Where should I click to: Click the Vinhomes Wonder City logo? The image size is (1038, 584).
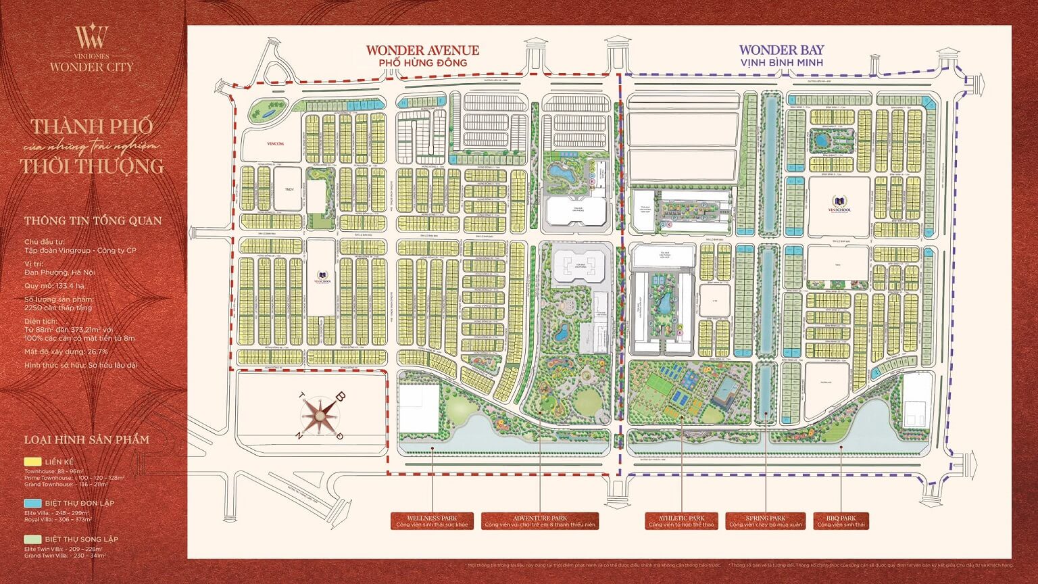[91, 47]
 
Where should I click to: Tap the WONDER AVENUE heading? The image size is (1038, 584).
[422, 50]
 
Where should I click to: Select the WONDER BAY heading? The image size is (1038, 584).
[781, 49]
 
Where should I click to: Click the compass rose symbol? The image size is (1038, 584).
[320, 415]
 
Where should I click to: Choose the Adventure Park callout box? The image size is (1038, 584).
[539, 521]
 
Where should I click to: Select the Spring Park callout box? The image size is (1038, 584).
[766, 521]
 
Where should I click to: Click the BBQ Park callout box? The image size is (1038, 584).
[840, 521]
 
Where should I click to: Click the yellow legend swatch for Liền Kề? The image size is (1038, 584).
[32, 462]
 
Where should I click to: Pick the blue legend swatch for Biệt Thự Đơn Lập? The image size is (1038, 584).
[32, 503]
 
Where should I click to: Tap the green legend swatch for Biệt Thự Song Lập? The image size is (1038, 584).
[32, 539]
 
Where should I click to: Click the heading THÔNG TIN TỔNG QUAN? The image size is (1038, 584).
[93, 220]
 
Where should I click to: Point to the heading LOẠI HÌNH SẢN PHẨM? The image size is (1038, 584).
[86, 439]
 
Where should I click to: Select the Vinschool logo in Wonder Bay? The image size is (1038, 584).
[839, 205]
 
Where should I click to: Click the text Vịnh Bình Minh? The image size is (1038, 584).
[781, 63]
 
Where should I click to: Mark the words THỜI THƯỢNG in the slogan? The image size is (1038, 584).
[92, 166]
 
